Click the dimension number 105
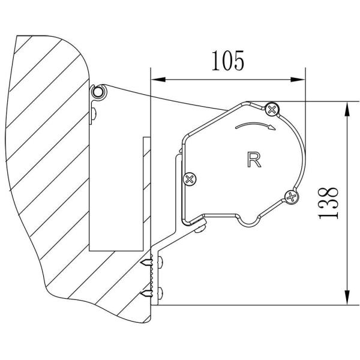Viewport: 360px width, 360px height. [x=227, y=61]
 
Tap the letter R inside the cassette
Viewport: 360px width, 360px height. [x=253, y=159]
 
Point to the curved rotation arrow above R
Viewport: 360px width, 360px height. [x=255, y=125]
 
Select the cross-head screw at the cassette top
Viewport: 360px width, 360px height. [x=272, y=109]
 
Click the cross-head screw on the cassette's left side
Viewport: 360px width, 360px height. [x=190, y=178]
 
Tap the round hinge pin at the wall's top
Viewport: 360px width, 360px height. [x=98, y=92]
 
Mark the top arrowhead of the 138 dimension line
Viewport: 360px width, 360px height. [x=347, y=109]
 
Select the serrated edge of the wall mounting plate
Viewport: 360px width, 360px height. [x=154, y=276]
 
